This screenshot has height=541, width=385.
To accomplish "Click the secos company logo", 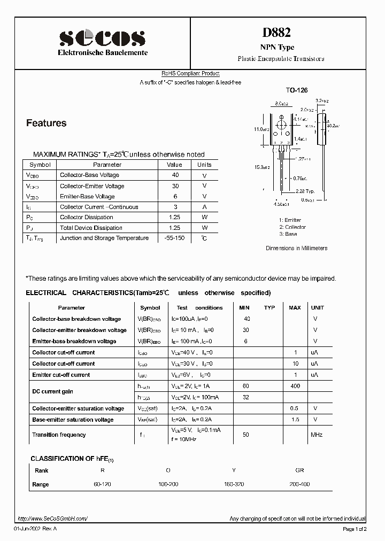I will pyautogui.click(x=102, y=37).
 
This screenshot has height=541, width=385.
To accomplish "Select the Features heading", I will pyautogui.click(x=47, y=123).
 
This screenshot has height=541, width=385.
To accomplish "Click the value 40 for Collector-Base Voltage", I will pyautogui.click(x=175, y=175).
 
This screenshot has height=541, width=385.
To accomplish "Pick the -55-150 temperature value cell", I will pyautogui.click(x=175, y=238).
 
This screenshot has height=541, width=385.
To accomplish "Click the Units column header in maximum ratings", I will pyautogui.click(x=204, y=165).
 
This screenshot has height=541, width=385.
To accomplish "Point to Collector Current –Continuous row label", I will pyautogui.click(x=99, y=207).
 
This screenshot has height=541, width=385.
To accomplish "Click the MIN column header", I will pyautogui.click(x=244, y=308).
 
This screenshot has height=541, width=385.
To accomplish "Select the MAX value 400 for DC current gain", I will pyautogui.click(x=295, y=386).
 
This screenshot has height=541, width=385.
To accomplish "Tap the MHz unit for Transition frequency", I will pyautogui.click(x=317, y=435).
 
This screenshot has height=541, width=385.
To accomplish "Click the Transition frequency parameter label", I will pyautogui.click(x=59, y=435).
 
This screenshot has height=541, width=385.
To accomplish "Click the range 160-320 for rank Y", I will pyautogui.click(x=234, y=484).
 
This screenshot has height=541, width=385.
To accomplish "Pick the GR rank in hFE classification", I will pyautogui.click(x=299, y=470).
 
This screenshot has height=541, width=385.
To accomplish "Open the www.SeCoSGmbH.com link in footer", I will pyautogui.click(x=52, y=519).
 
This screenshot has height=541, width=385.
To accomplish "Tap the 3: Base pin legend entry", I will pyautogui.click(x=288, y=234).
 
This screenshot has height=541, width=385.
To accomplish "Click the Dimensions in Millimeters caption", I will pyautogui.click(x=297, y=249).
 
